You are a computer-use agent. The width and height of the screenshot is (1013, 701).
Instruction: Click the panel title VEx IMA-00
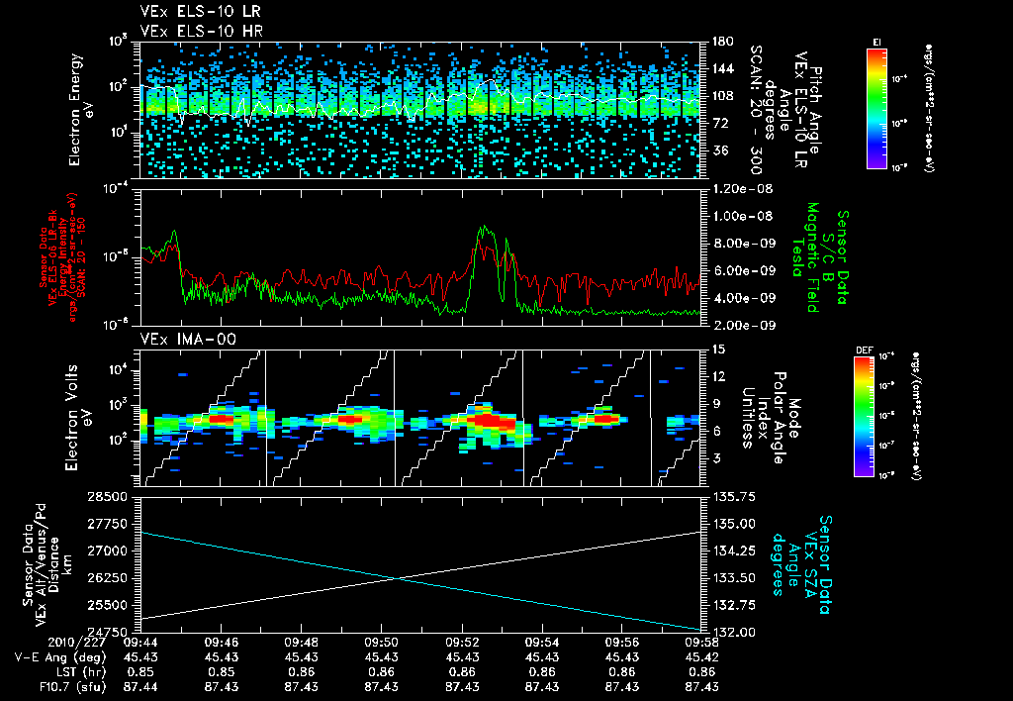(x=178, y=340)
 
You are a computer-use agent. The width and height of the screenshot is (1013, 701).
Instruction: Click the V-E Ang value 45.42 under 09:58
(x=701, y=656)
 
